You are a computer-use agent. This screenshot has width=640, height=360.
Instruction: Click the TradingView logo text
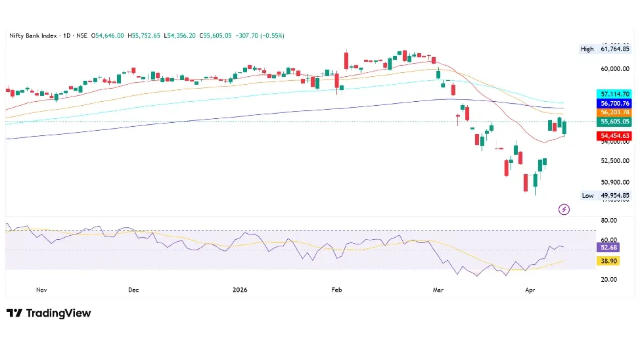coord(58,313)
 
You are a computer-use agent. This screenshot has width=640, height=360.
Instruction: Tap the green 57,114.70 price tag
coord(614,94)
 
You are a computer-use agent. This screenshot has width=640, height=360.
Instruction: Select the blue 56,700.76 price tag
coord(614,103)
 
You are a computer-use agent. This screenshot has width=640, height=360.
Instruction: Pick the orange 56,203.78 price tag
coord(614,112)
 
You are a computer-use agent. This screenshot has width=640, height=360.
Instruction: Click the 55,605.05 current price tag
coord(614,122)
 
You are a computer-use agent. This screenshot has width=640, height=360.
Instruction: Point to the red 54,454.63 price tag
coord(614,136)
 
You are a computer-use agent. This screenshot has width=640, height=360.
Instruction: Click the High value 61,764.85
coord(614,49)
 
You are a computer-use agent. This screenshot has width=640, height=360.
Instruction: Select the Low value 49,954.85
coord(614,195)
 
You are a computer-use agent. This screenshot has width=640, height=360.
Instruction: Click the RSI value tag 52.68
coord(609,248)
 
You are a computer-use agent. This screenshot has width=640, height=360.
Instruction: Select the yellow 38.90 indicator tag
coord(609,261)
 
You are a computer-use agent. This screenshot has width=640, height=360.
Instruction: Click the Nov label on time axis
coord(42,289)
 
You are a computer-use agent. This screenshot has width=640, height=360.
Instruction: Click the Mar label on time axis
coord(435,289)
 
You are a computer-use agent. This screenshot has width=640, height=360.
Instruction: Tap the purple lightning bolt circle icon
coord(564,210)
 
